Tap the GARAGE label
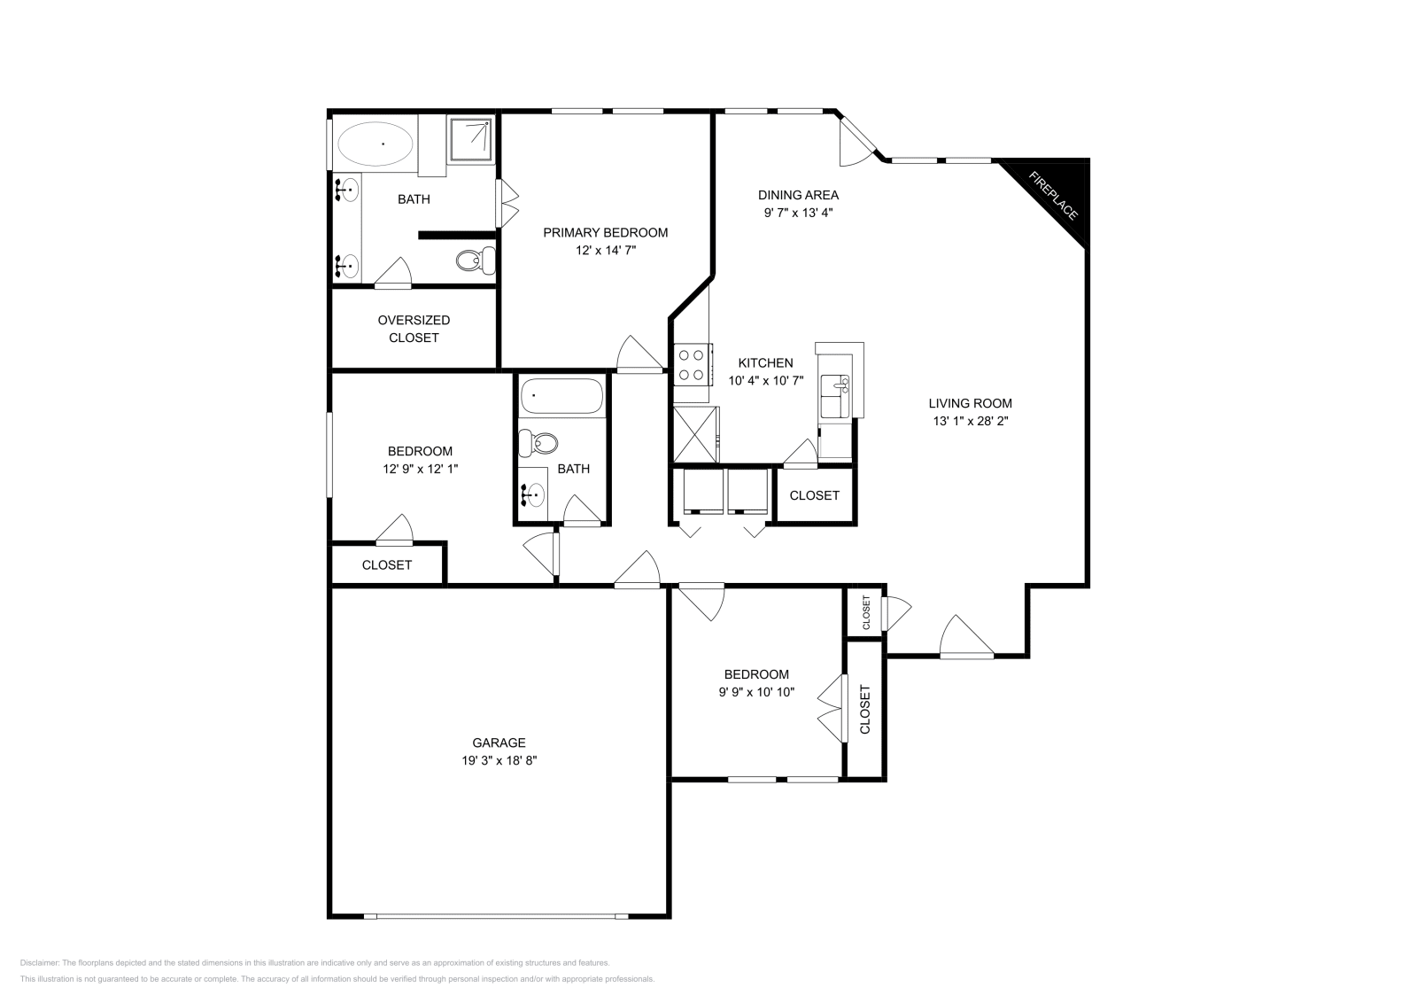pos(499,743)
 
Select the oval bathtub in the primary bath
pos(376,143)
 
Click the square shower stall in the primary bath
pos(471,139)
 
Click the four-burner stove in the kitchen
pos(692,364)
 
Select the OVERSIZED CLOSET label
pos(414,329)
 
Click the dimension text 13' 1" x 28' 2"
pos(971,422)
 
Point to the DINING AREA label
pos(798,195)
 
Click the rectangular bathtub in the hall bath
pos(561,396)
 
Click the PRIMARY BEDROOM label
pos(605,232)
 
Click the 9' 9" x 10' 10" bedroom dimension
pos(755,692)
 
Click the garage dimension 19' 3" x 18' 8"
pos(499,760)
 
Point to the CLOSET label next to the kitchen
pos(814,495)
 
